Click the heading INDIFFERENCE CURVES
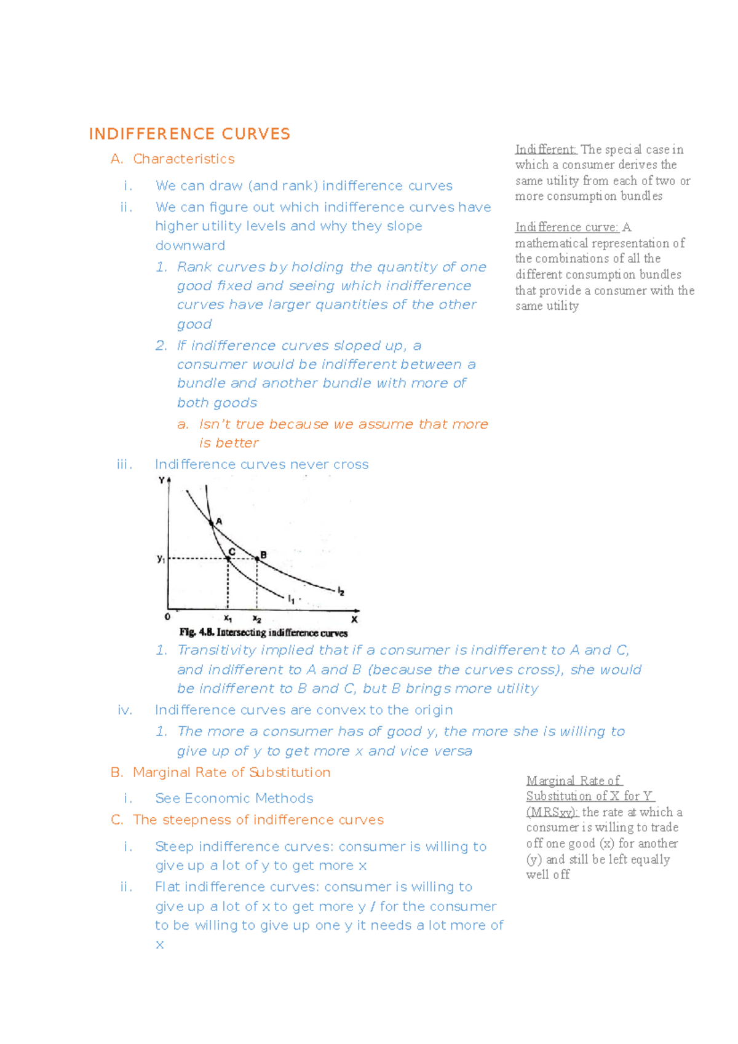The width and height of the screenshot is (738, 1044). coord(189,134)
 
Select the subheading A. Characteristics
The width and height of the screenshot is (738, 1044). coord(172,159)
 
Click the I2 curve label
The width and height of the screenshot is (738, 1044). coord(341,591)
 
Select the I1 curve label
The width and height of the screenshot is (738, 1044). coord(292,598)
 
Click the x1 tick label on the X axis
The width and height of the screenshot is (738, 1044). coord(228,618)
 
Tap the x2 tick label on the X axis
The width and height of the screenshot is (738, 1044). coord(256,619)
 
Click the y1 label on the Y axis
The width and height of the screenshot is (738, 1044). coord(161,559)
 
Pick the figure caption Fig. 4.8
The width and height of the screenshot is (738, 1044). coord(263,632)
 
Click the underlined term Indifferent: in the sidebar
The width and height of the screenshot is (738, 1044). coord(546,149)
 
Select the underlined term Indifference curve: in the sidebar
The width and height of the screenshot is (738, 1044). coord(566,227)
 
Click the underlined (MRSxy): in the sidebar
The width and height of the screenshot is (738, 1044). coord(552,812)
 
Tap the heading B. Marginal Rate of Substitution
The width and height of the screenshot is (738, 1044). coord(221,772)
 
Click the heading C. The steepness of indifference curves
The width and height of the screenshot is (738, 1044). coord(247,820)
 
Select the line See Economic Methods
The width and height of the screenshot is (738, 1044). coord(234,798)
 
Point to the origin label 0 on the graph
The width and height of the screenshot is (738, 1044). coord(167,616)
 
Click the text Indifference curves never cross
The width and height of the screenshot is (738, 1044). coord(261,465)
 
